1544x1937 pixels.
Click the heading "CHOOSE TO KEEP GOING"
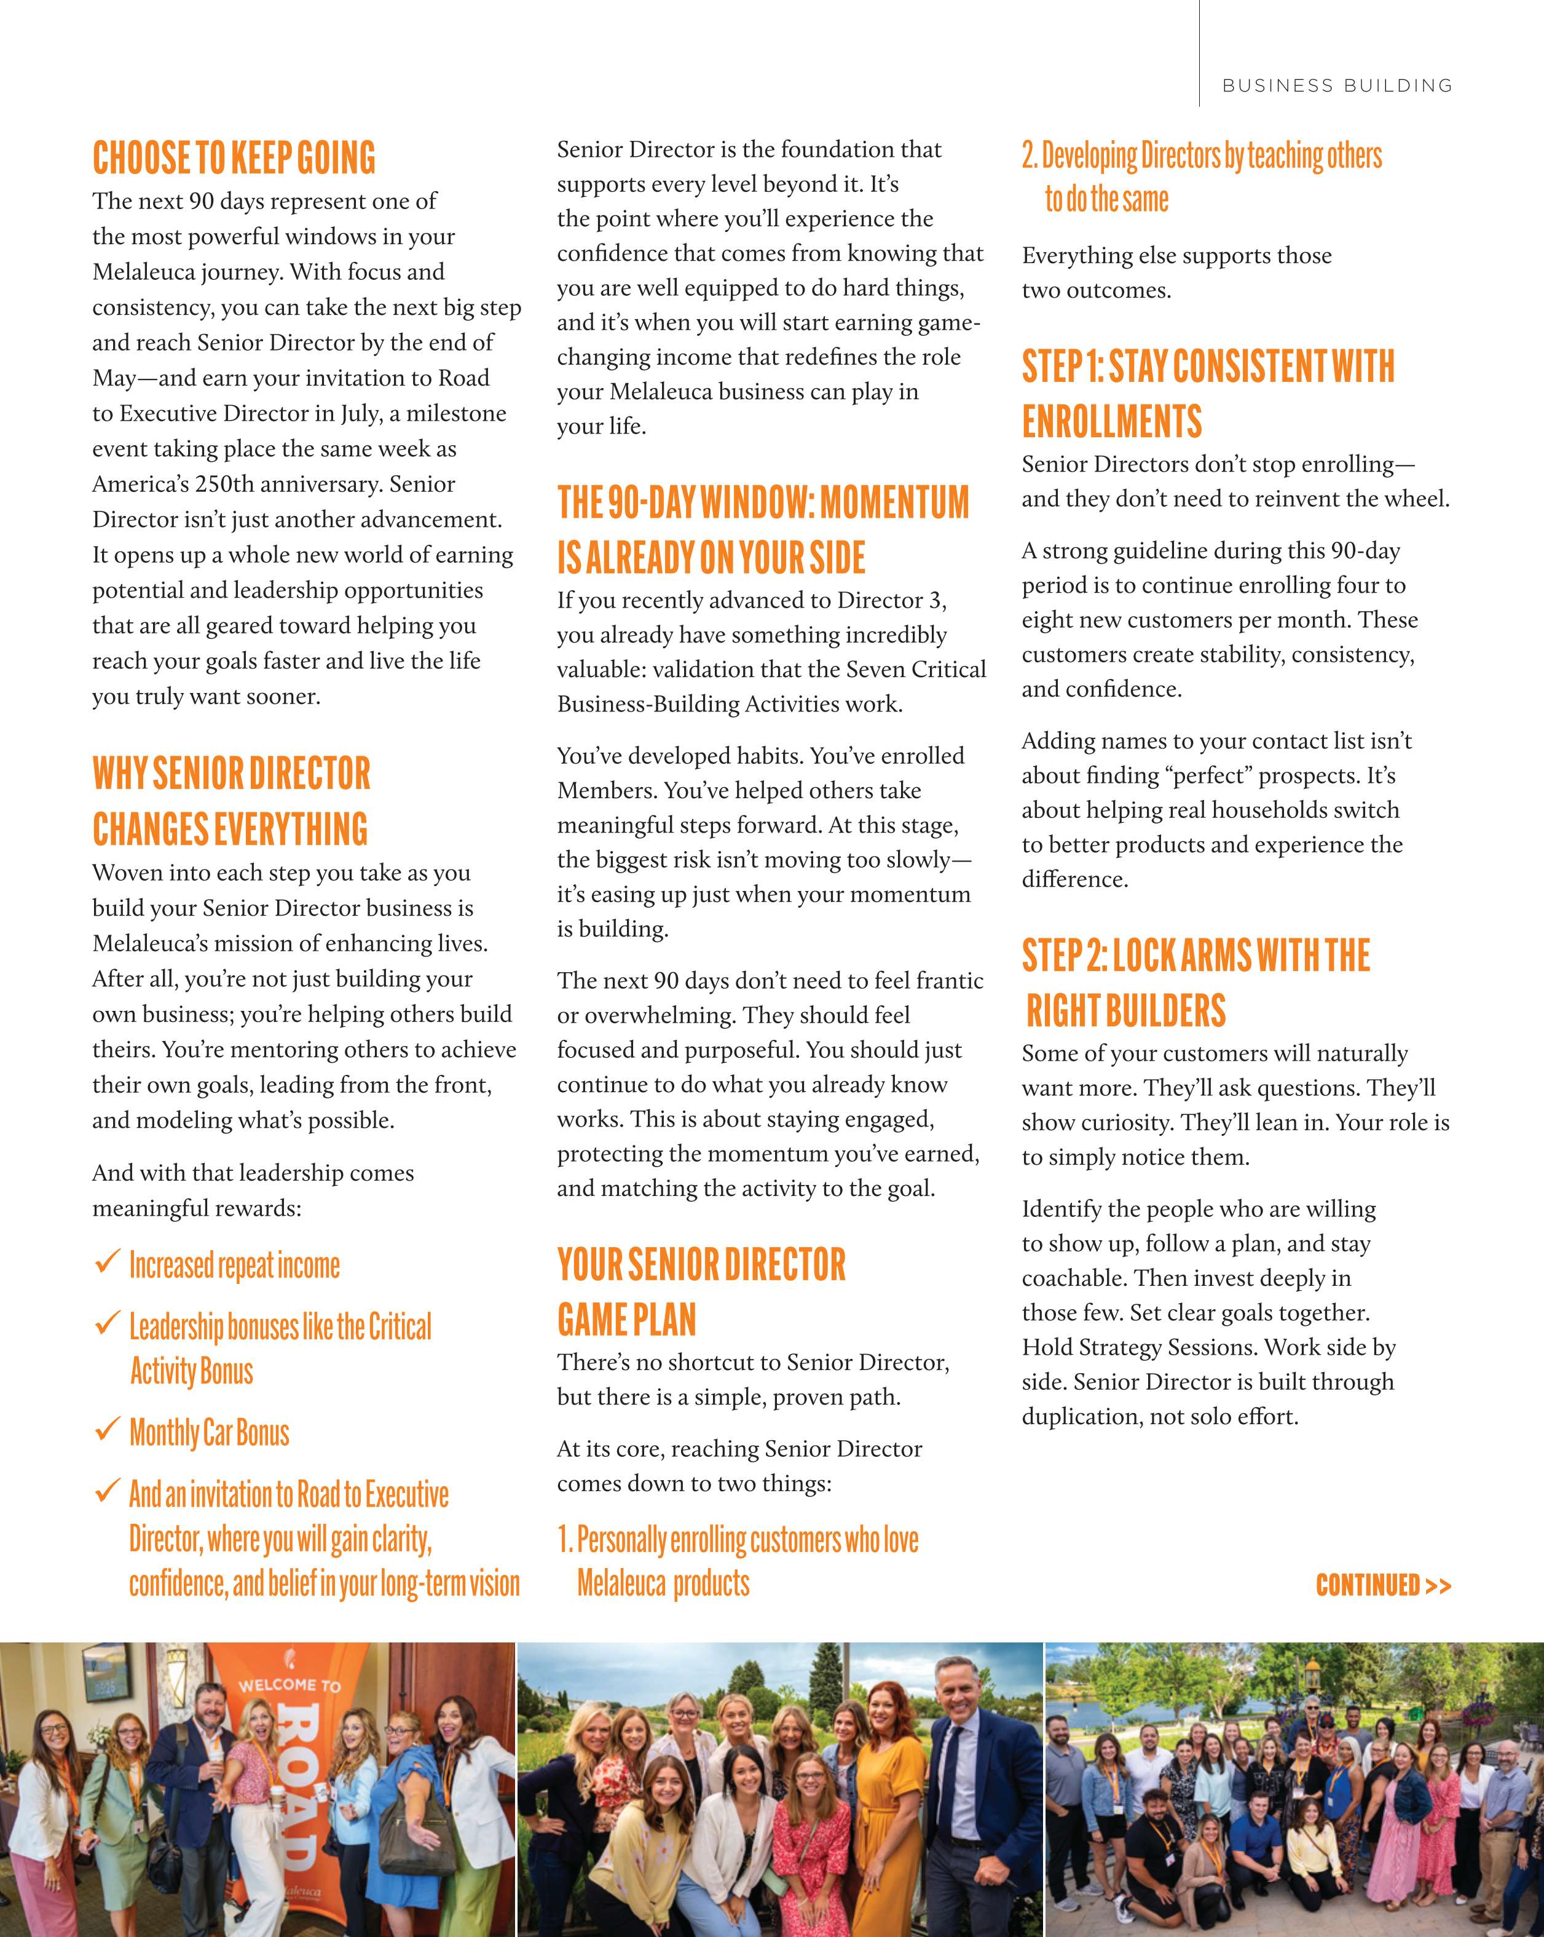point(234,158)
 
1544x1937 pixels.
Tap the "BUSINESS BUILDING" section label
point(1336,85)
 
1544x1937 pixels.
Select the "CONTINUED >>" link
point(1382,1585)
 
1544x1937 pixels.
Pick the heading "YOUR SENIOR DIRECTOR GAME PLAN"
point(701,1292)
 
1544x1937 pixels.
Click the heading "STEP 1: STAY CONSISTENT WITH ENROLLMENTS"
point(1207,394)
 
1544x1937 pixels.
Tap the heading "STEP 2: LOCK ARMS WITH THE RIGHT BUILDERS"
point(1195,982)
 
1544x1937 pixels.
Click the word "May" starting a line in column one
point(111,378)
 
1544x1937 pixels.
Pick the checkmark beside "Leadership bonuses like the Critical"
point(107,1323)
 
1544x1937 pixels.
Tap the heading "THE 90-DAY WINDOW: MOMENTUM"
point(763,503)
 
